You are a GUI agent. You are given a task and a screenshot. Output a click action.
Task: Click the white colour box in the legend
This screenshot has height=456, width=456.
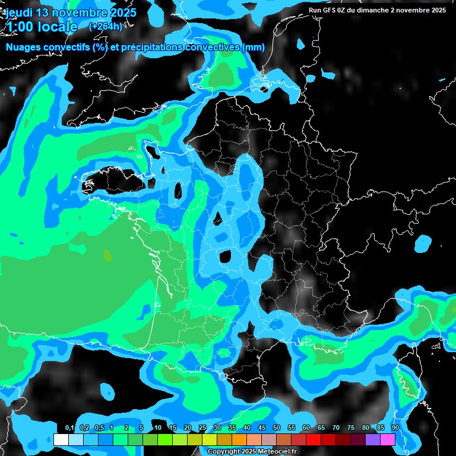[x=61, y=439]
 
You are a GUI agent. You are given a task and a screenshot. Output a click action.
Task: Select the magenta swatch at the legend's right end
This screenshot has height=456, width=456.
[x=388, y=439]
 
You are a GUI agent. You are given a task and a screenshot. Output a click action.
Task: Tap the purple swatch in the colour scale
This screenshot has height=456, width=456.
[x=373, y=439]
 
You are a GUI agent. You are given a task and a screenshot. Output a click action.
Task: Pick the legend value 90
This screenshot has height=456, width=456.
[x=395, y=428]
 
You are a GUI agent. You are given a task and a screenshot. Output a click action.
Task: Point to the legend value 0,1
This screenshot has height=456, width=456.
[x=69, y=428]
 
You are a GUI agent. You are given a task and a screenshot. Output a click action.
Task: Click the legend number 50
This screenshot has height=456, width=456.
[x=277, y=428]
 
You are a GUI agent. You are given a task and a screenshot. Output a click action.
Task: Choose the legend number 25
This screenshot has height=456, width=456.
[x=202, y=428]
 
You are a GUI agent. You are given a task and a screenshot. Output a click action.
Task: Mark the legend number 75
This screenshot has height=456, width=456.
[x=351, y=428]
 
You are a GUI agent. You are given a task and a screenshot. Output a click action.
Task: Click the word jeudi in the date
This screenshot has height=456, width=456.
[x=21, y=12]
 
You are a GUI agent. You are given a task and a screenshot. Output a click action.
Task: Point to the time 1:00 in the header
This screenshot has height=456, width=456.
[x=20, y=27]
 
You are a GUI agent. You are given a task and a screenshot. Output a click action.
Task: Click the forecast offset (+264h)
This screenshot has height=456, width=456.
[x=106, y=27]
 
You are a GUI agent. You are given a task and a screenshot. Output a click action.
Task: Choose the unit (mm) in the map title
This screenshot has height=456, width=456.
[x=254, y=47]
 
